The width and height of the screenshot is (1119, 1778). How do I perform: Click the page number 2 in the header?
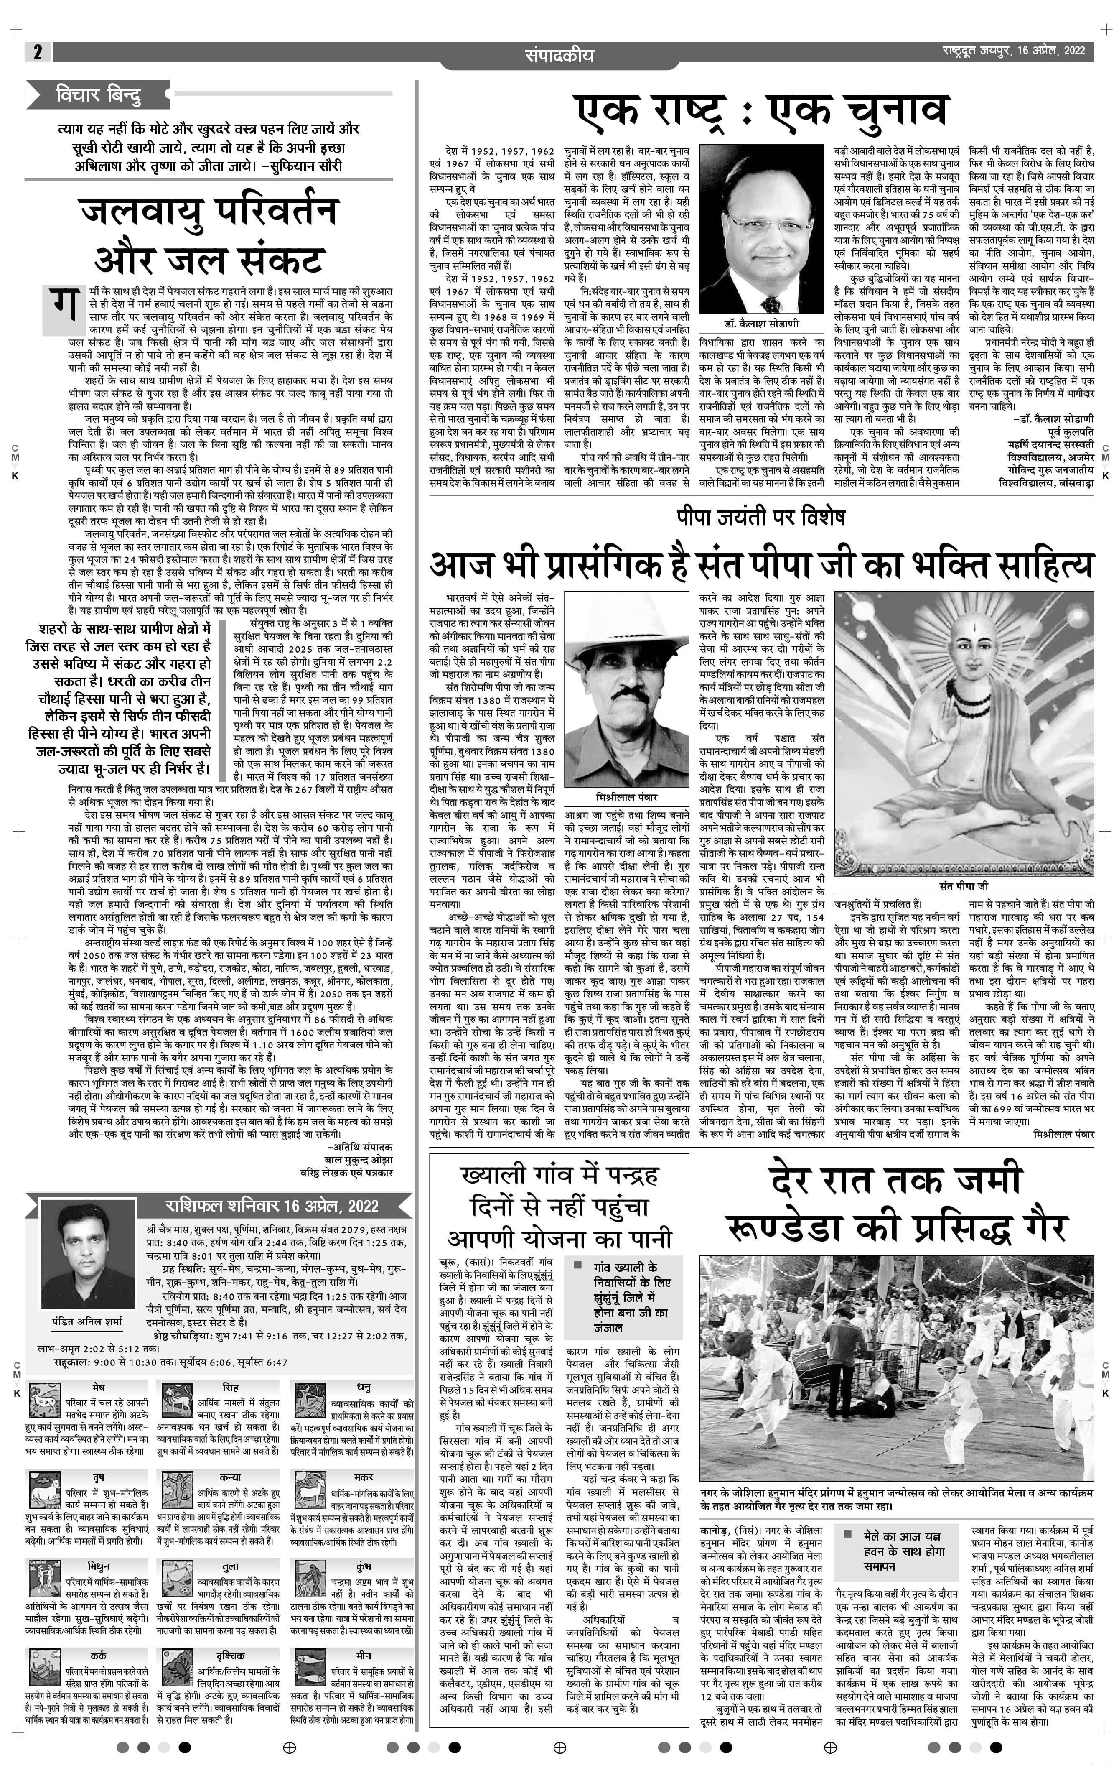(37, 52)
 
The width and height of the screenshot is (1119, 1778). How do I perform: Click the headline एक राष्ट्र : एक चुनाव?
(760, 111)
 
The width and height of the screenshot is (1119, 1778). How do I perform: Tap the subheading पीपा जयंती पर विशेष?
(760, 517)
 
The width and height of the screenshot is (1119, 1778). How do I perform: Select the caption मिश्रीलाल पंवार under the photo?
(626, 797)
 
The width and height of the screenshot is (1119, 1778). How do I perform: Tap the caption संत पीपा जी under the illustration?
(963, 885)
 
